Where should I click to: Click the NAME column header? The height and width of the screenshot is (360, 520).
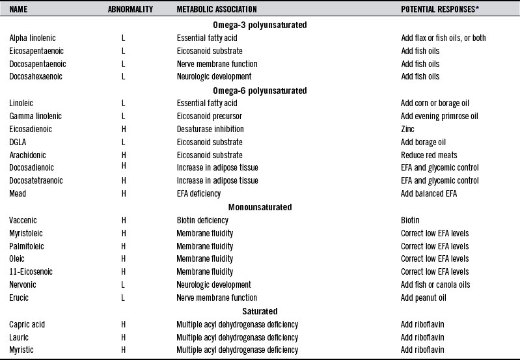(x=19, y=10)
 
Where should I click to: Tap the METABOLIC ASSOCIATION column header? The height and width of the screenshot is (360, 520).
(x=217, y=10)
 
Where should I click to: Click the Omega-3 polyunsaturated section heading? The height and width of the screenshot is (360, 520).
(x=260, y=25)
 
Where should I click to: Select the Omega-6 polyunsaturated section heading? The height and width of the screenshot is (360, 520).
(x=260, y=90)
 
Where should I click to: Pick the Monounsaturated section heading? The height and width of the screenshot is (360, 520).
(x=260, y=207)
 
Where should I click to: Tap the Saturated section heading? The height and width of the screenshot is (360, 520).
(x=260, y=311)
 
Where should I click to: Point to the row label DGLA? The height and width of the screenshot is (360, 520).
(x=18, y=142)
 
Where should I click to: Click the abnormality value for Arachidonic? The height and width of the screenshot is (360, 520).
(x=124, y=155)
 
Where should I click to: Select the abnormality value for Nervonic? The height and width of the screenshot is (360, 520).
(x=124, y=285)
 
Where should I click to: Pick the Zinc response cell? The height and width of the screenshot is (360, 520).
(x=408, y=129)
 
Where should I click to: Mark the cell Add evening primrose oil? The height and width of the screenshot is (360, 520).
(x=439, y=116)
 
